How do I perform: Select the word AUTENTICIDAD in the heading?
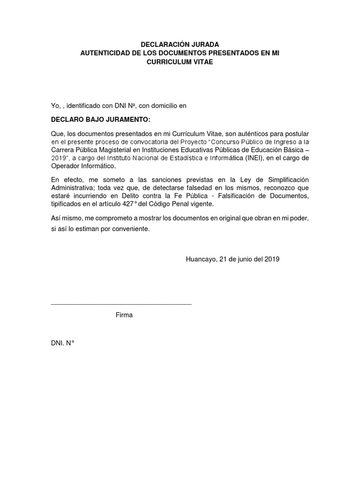(105, 53)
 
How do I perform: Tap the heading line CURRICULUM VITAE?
(180, 62)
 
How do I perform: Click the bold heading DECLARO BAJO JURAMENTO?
(100, 120)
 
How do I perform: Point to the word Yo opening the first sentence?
(55, 106)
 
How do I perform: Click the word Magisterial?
(124, 149)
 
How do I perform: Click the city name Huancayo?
(201, 259)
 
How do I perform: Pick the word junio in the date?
(243, 259)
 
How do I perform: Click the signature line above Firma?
(121, 304)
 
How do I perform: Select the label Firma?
(124, 315)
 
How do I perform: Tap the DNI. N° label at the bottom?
(63, 343)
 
